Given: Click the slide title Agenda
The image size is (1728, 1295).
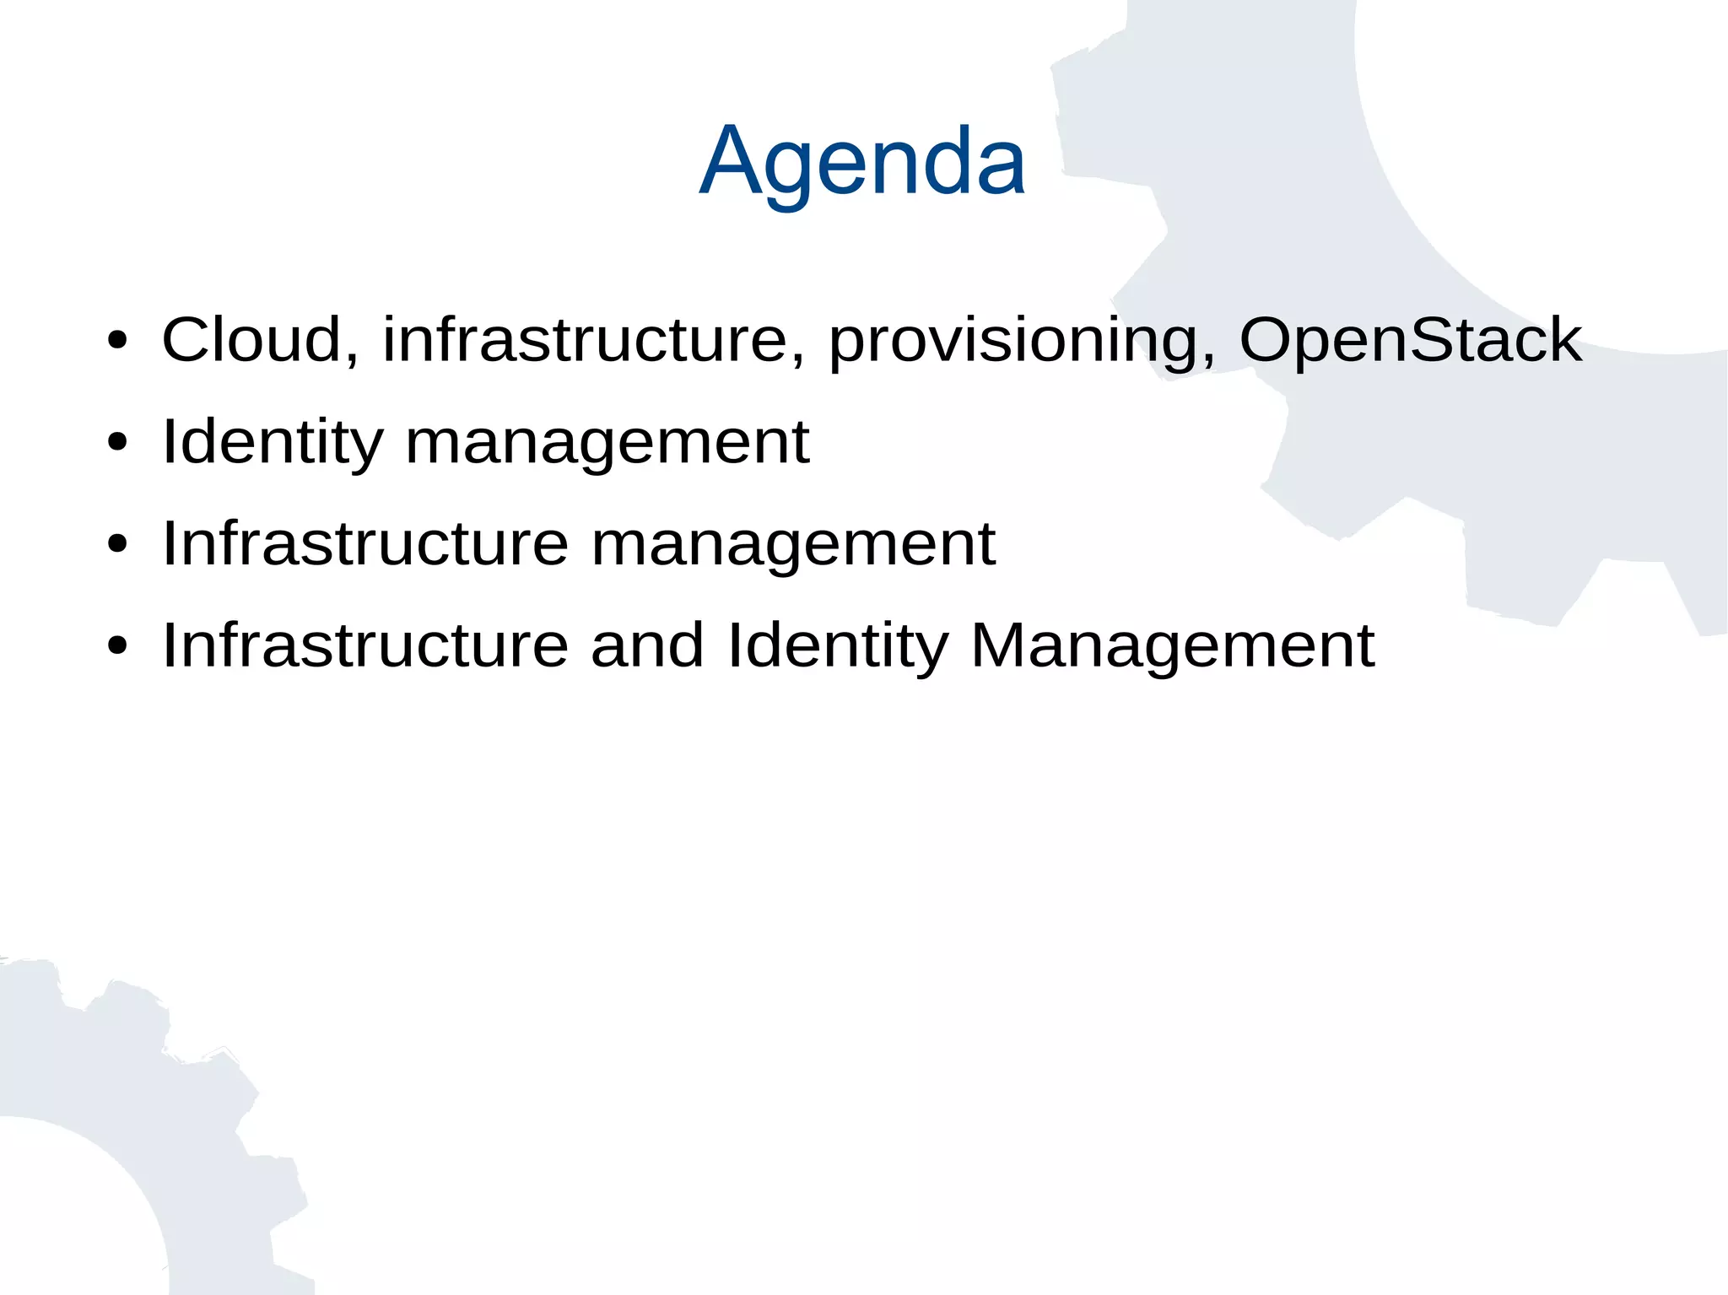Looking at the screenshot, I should point(862,160).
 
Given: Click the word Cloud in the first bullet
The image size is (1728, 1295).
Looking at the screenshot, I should point(251,339).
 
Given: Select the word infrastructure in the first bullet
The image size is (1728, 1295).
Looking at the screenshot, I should point(584,339).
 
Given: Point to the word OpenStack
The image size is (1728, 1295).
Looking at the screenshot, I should point(1410,341).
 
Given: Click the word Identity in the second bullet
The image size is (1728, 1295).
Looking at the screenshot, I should point(272,442).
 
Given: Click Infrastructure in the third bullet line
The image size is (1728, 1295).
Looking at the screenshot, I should point(364,543).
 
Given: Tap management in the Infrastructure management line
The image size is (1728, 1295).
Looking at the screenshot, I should point(792,545).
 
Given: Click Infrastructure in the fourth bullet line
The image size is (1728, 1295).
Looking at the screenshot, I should point(364,645).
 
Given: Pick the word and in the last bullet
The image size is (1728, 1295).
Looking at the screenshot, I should point(646,645).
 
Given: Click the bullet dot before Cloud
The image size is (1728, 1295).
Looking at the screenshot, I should point(117,341).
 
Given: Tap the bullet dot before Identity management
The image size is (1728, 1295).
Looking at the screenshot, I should point(117,442).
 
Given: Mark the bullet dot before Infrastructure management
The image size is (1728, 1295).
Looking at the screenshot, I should point(117,544).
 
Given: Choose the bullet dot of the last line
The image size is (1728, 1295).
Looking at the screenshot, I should point(117,646).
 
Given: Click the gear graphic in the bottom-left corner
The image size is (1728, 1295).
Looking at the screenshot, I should point(127,1139).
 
